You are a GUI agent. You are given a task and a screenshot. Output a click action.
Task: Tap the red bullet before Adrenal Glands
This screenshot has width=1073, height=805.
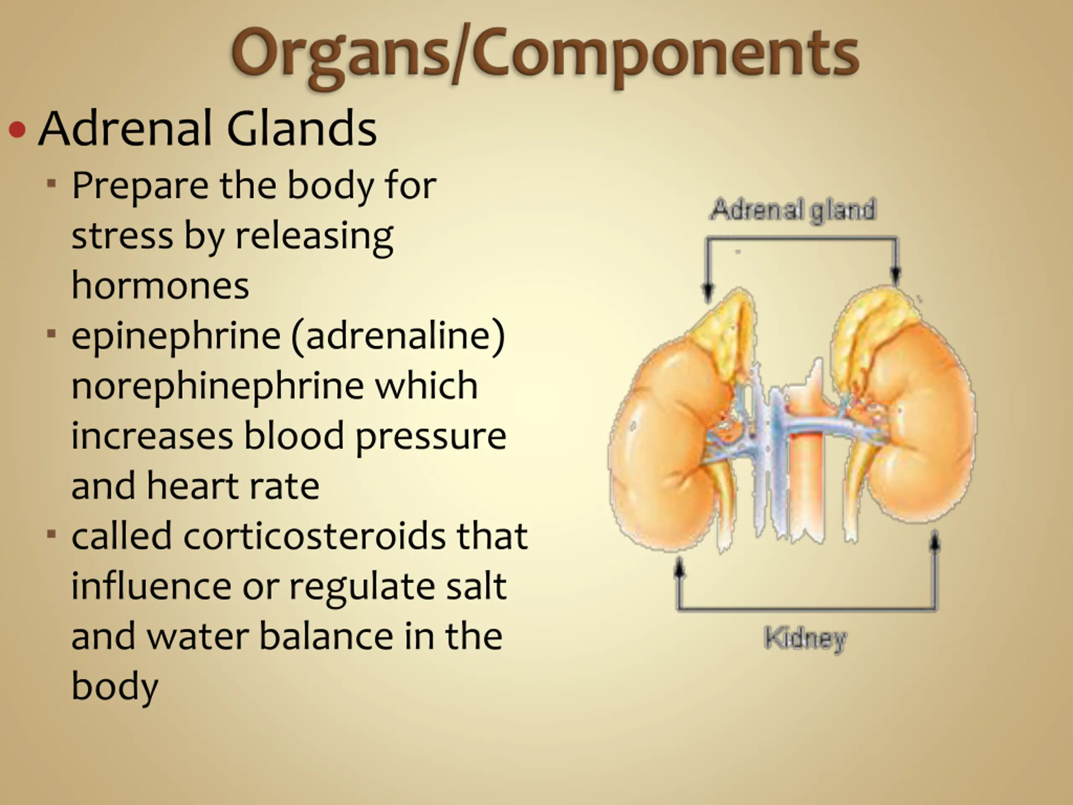tap(18, 130)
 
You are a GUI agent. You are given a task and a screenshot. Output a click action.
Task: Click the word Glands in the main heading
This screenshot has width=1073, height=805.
tap(301, 128)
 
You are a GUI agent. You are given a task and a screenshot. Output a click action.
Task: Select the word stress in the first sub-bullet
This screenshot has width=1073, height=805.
tap(122, 236)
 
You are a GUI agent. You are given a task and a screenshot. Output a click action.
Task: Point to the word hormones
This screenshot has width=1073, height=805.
tap(160, 286)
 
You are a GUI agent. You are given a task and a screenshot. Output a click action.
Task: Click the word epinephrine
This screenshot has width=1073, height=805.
tap(176, 336)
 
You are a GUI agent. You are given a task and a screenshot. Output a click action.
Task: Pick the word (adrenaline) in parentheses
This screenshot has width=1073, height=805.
tap(398, 336)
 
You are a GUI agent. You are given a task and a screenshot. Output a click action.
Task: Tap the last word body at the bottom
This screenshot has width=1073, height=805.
tap(115, 687)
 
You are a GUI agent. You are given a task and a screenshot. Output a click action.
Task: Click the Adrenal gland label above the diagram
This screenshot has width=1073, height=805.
tap(793, 210)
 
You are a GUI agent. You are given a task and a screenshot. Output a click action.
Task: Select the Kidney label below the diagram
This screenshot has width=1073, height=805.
tap(805, 639)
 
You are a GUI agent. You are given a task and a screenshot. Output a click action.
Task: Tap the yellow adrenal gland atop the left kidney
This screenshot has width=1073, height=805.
tap(723, 330)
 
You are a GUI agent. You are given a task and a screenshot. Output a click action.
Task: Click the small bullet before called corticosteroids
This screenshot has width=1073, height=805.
tap(52, 534)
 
